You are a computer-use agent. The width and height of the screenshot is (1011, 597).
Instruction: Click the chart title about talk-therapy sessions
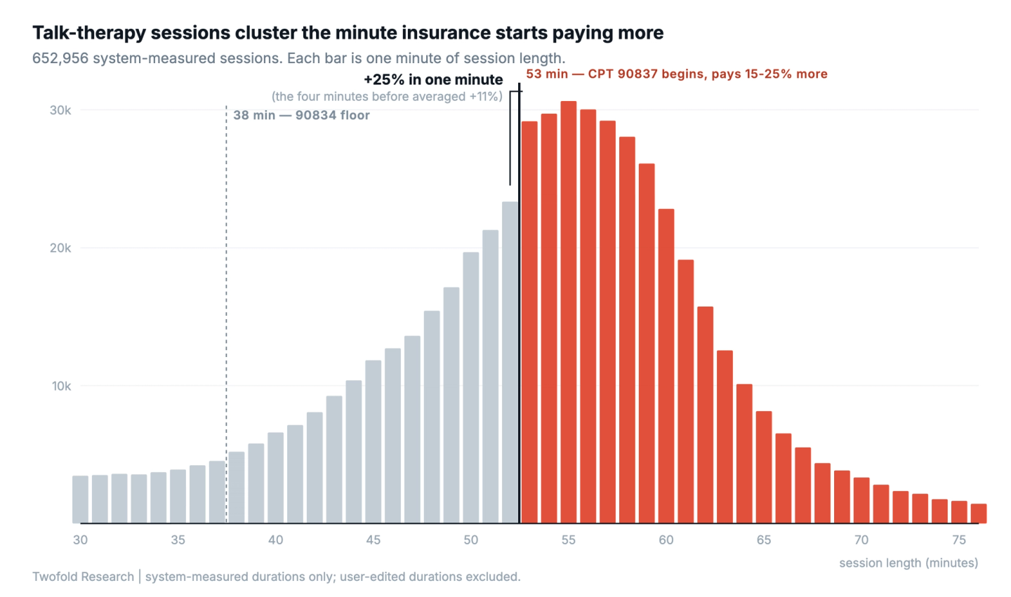pyautogui.click(x=348, y=33)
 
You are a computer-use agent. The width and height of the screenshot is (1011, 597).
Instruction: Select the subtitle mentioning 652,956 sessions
pyautogui.click(x=299, y=59)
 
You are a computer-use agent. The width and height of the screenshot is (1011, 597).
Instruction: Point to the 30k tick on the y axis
pyautogui.click(x=60, y=110)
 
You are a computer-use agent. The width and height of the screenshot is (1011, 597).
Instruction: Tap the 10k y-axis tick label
pyautogui.click(x=61, y=386)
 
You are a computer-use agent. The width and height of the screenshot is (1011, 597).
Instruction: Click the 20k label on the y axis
pyautogui.click(x=60, y=248)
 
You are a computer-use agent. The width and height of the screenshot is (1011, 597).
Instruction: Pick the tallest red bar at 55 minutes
pyautogui.click(x=569, y=312)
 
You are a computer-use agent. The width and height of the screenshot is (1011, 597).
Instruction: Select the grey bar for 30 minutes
pyautogui.click(x=80, y=499)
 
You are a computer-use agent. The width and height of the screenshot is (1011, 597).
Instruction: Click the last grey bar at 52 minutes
pyautogui.click(x=510, y=363)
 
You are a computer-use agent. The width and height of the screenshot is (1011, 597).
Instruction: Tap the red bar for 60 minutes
pyautogui.click(x=666, y=366)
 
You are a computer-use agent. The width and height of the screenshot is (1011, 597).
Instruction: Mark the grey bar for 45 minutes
pyautogui.click(x=374, y=442)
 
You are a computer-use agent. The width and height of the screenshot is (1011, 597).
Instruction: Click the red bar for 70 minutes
pyautogui.click(x=861, y=500)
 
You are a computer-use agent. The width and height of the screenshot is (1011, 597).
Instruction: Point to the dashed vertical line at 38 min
pyautogui.click(x=227, y=314)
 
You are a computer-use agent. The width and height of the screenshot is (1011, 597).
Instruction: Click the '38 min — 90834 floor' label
pyautogui.click(x=301, y=116)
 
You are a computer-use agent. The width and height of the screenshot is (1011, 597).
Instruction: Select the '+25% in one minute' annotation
pyautogui.click(x=433, y=80)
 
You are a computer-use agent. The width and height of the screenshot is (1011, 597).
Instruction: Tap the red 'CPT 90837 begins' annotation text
pyautogui.click(x=677, y=74)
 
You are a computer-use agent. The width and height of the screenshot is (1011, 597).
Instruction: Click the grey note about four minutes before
pyautogui.click(x=387, y=97)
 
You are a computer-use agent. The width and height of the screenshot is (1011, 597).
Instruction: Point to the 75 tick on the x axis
pyautogui.click(x=959, y=539)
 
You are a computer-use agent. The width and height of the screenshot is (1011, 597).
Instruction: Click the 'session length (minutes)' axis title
pyautogui.click(x=908, y=563)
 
